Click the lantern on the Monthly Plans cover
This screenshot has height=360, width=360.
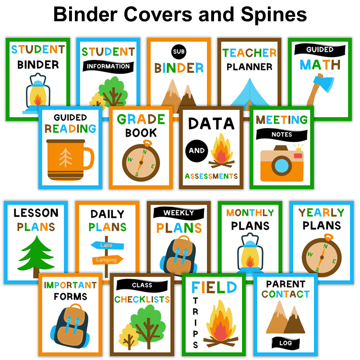click(x=249, y=253)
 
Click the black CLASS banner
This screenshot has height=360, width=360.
click(x=142, y=285)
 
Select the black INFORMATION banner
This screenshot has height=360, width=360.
click(x=108, y=66)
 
